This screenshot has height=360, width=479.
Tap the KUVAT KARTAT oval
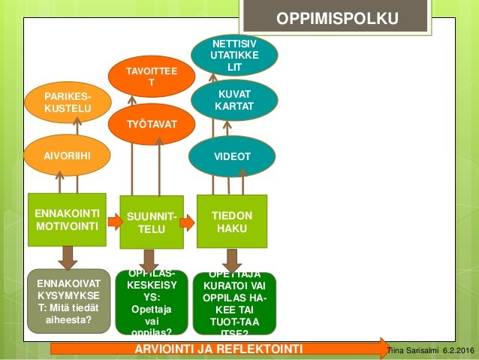coord(234,101)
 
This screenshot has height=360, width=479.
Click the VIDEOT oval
coord(233,156)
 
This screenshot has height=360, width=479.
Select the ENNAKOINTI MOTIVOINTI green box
coord(67,219)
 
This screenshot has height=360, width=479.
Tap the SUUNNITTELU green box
coord(152,222)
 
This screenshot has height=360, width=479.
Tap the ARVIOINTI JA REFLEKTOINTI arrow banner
coord(218,349)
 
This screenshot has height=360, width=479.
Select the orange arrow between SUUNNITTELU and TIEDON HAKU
coord(189,221)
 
